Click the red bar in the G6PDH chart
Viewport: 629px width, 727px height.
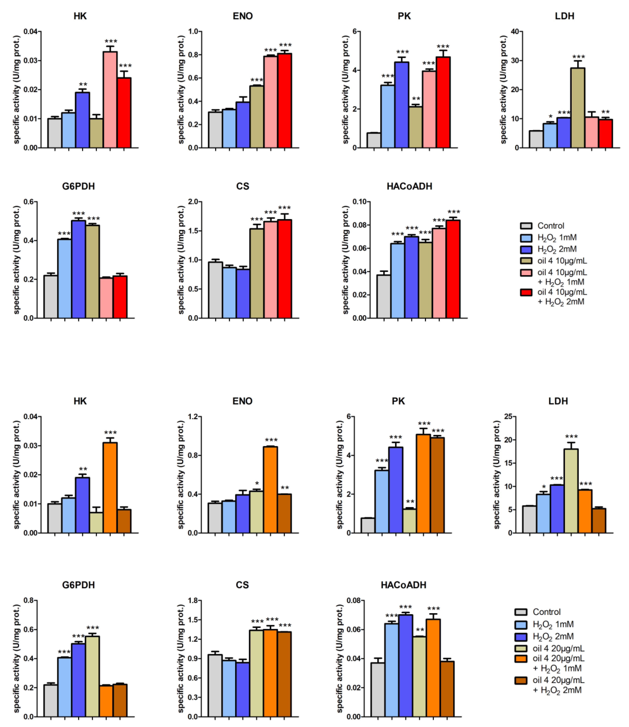click(120, 297)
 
